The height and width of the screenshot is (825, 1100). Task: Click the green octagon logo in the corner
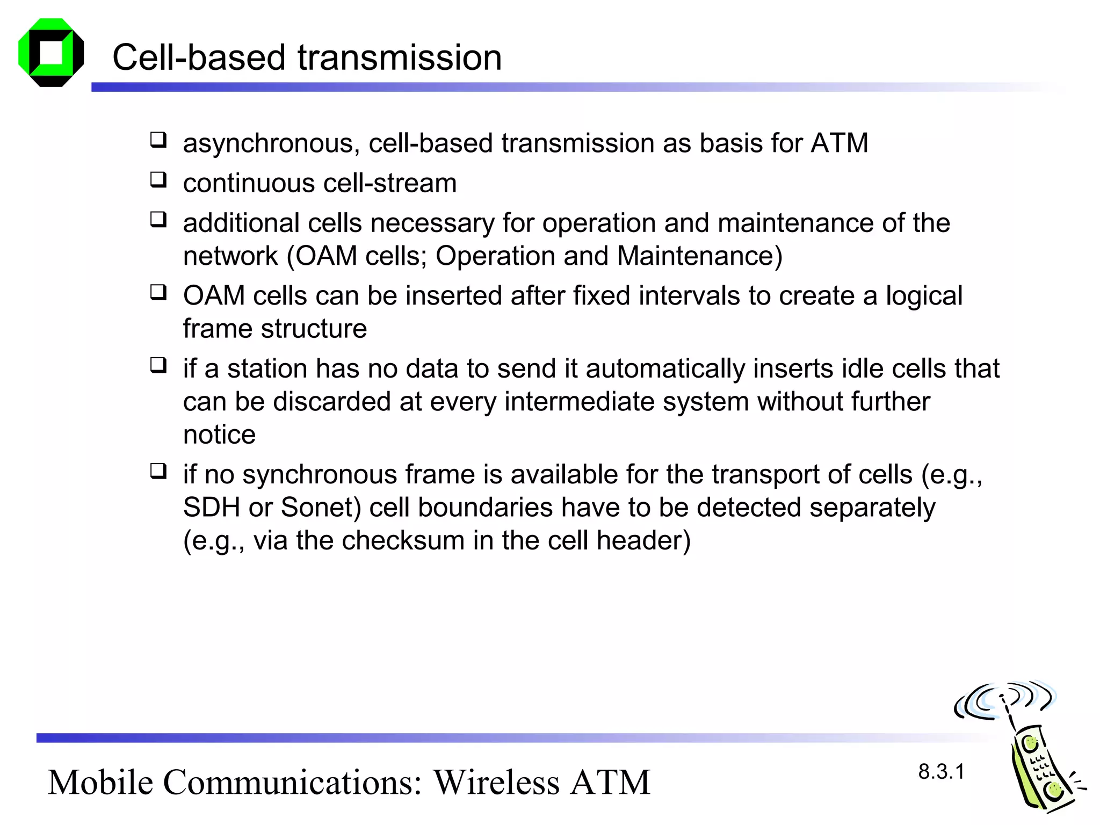tap(51, 53)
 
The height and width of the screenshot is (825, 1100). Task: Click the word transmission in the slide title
tap(400, 57)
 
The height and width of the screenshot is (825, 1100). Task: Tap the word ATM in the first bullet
tap(839, 143)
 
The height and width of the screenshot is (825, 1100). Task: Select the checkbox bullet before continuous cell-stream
tap(158, 180)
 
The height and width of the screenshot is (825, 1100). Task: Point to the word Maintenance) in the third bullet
tap(700, 256)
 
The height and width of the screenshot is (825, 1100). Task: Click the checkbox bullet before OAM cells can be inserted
tap(158, 293)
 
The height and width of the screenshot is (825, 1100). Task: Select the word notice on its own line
tap(219, 435)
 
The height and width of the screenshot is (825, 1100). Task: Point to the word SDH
tap(211, 508)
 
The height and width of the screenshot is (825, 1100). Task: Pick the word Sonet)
tap(321, 508)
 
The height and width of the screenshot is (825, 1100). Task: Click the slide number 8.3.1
tap(941, 772)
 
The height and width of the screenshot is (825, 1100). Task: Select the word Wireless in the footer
tap(497, 783)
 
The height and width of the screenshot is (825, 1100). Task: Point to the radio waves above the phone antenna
tap(1004, 698)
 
